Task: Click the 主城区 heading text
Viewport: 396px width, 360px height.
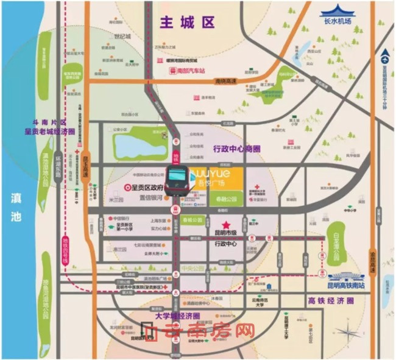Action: pyautogui.click(x=187, y=23)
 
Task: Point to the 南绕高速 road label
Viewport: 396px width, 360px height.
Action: pyautogui.click(x=227, y=80)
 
